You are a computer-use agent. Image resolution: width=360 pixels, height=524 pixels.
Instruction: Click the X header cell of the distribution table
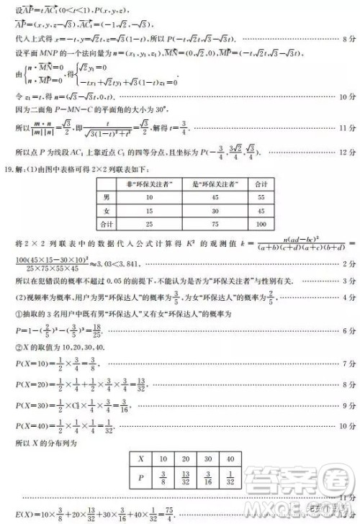tap(143, 458)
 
